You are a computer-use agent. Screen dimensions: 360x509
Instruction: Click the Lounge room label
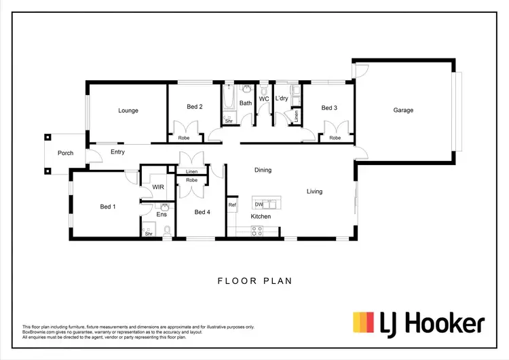pyautogui.click(x=128, y=110)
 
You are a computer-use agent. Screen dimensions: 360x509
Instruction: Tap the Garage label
pyautogui.click(x=403, y=110)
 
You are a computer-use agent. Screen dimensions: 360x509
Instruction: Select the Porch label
pyautogui.click(x=65, y=153)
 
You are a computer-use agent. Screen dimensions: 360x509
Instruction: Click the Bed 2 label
pyautogui.click(x=195, y=107)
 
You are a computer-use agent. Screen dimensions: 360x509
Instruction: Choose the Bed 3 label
pyautogui.click(x=329, y=107)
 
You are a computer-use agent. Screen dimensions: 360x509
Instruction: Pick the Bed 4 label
pyautogui.click(x=202, y=212)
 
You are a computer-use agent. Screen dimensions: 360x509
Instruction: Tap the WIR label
pyautogui.click(x=157, y=187)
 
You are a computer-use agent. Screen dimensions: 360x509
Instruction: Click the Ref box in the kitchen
pyautogui.click(x=232, y=204)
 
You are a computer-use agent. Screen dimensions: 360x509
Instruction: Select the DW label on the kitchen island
pyautogui.click(x=259, y=204)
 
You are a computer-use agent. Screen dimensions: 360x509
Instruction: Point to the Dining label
pyautogui.click(x=263, y=170)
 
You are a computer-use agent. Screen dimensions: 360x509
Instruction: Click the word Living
pyautogui.click(x=314, y=192)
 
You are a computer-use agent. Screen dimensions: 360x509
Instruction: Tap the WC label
pyautogui.click(x=264, y=98)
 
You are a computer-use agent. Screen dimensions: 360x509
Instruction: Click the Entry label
pyautogui.click(x=117, y=152)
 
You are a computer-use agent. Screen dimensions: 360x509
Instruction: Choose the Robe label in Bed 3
pyautogui.click(x=335, y=138)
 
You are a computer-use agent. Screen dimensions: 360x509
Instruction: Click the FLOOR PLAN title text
pyautogui.click(x=254, y=280)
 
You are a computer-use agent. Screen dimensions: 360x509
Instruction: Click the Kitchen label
pyautogui.click(x=261, y=217)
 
